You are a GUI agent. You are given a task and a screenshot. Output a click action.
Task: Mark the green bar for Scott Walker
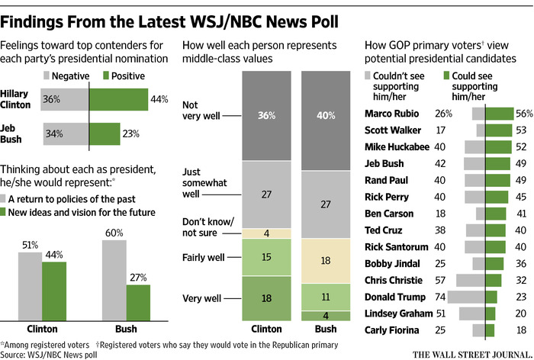[x=498, y=130]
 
